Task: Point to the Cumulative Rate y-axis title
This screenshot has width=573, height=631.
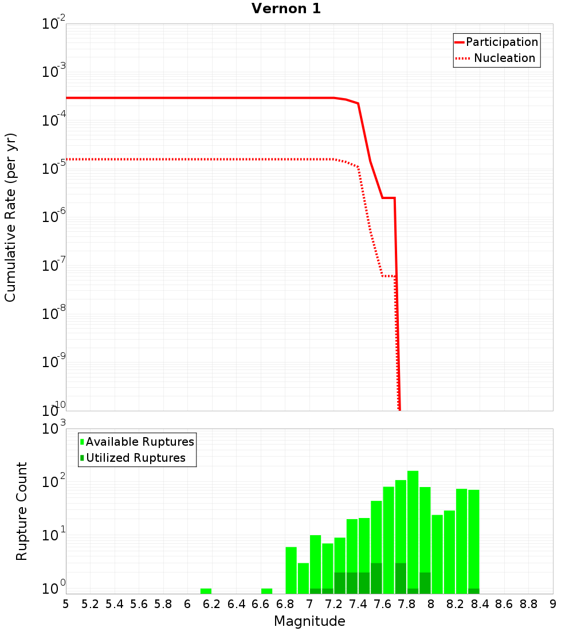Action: (10, 217)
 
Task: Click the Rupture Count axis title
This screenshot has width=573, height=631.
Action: (22, 511)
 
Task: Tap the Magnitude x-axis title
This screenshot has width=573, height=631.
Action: (309, 621)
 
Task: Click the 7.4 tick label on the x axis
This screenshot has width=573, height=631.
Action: (358, 603)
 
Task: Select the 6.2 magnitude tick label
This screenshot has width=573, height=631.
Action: (212, 603)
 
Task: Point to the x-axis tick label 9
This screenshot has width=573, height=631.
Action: (553, 603)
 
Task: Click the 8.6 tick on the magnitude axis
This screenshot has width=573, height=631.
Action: (504, 603)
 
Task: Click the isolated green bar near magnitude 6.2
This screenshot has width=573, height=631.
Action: (206, 591)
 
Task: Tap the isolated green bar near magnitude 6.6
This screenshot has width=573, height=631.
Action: (266, 591)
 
